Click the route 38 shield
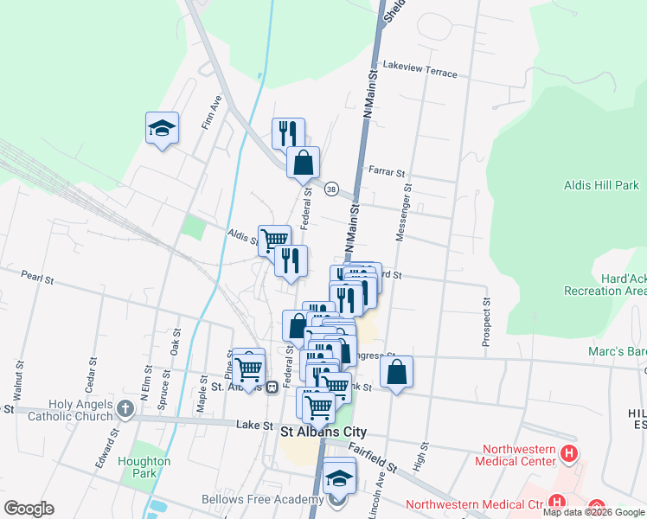[x=330, y=189]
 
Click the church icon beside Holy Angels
[x=125, y=408]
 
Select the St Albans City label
[x=323, y=431]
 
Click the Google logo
[x=29, y=509]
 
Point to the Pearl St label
[x=38, y=279]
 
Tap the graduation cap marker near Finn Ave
[x=162, y=129]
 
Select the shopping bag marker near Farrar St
[x=304, y=163]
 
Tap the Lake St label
[x=254, y=426]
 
